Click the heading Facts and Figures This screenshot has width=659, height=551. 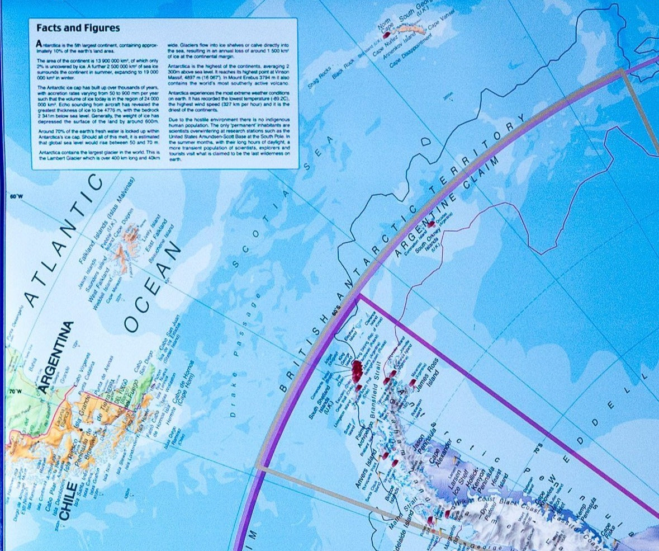click(x=78, y=28)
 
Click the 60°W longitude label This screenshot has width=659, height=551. click(x=17, y=196)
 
